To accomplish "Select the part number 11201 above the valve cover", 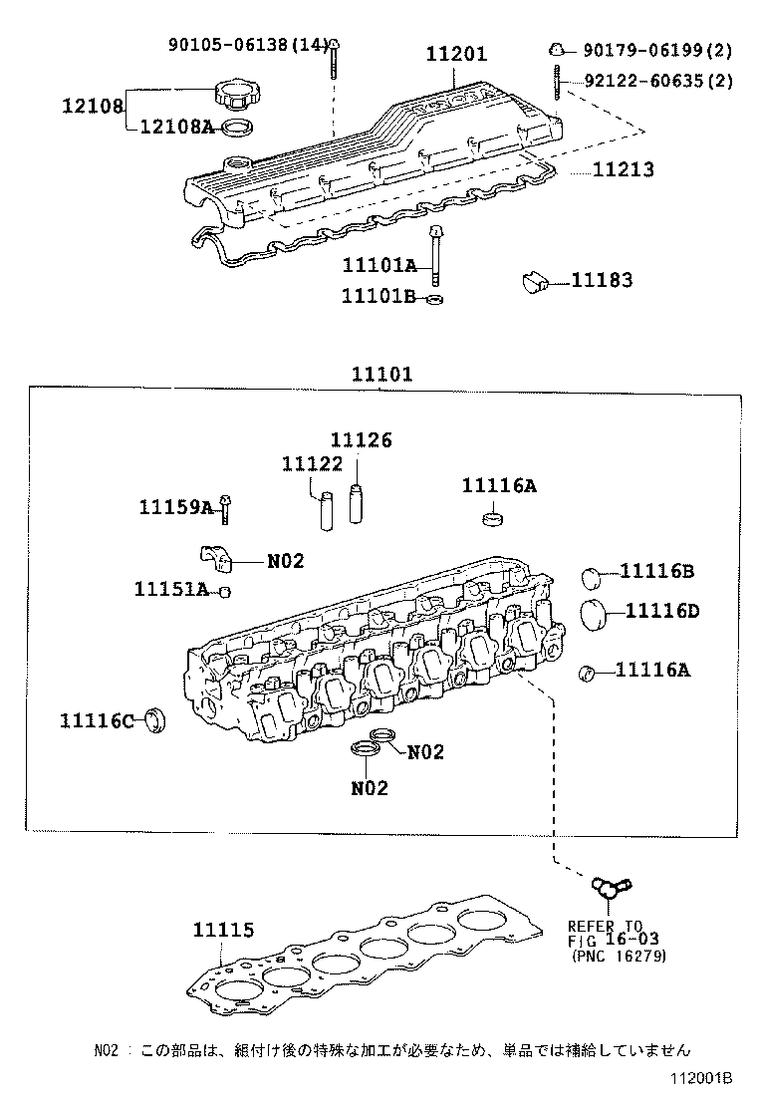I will tap(457, 55).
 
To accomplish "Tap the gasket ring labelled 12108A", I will tap(235, 127).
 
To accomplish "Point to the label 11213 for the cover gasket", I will tap(624, 169).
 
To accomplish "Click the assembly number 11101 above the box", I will tap(381, 374).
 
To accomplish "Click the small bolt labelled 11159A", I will tap(225, 507).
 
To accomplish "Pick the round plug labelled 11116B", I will tap(592, 576).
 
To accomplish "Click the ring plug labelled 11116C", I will tap(154, 719).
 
